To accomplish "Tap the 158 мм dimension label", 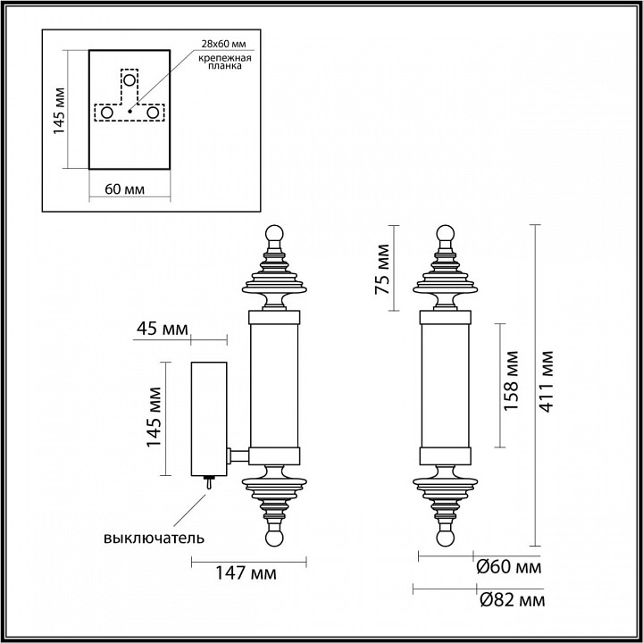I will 511,384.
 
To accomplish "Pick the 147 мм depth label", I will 246,572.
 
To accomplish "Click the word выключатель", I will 154,538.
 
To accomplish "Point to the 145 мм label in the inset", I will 59,109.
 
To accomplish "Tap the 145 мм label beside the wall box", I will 154,418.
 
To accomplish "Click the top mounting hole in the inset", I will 130,80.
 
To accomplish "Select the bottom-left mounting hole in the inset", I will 106,113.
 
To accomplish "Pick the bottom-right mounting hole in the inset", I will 154,113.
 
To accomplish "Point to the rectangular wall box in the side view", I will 211,417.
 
